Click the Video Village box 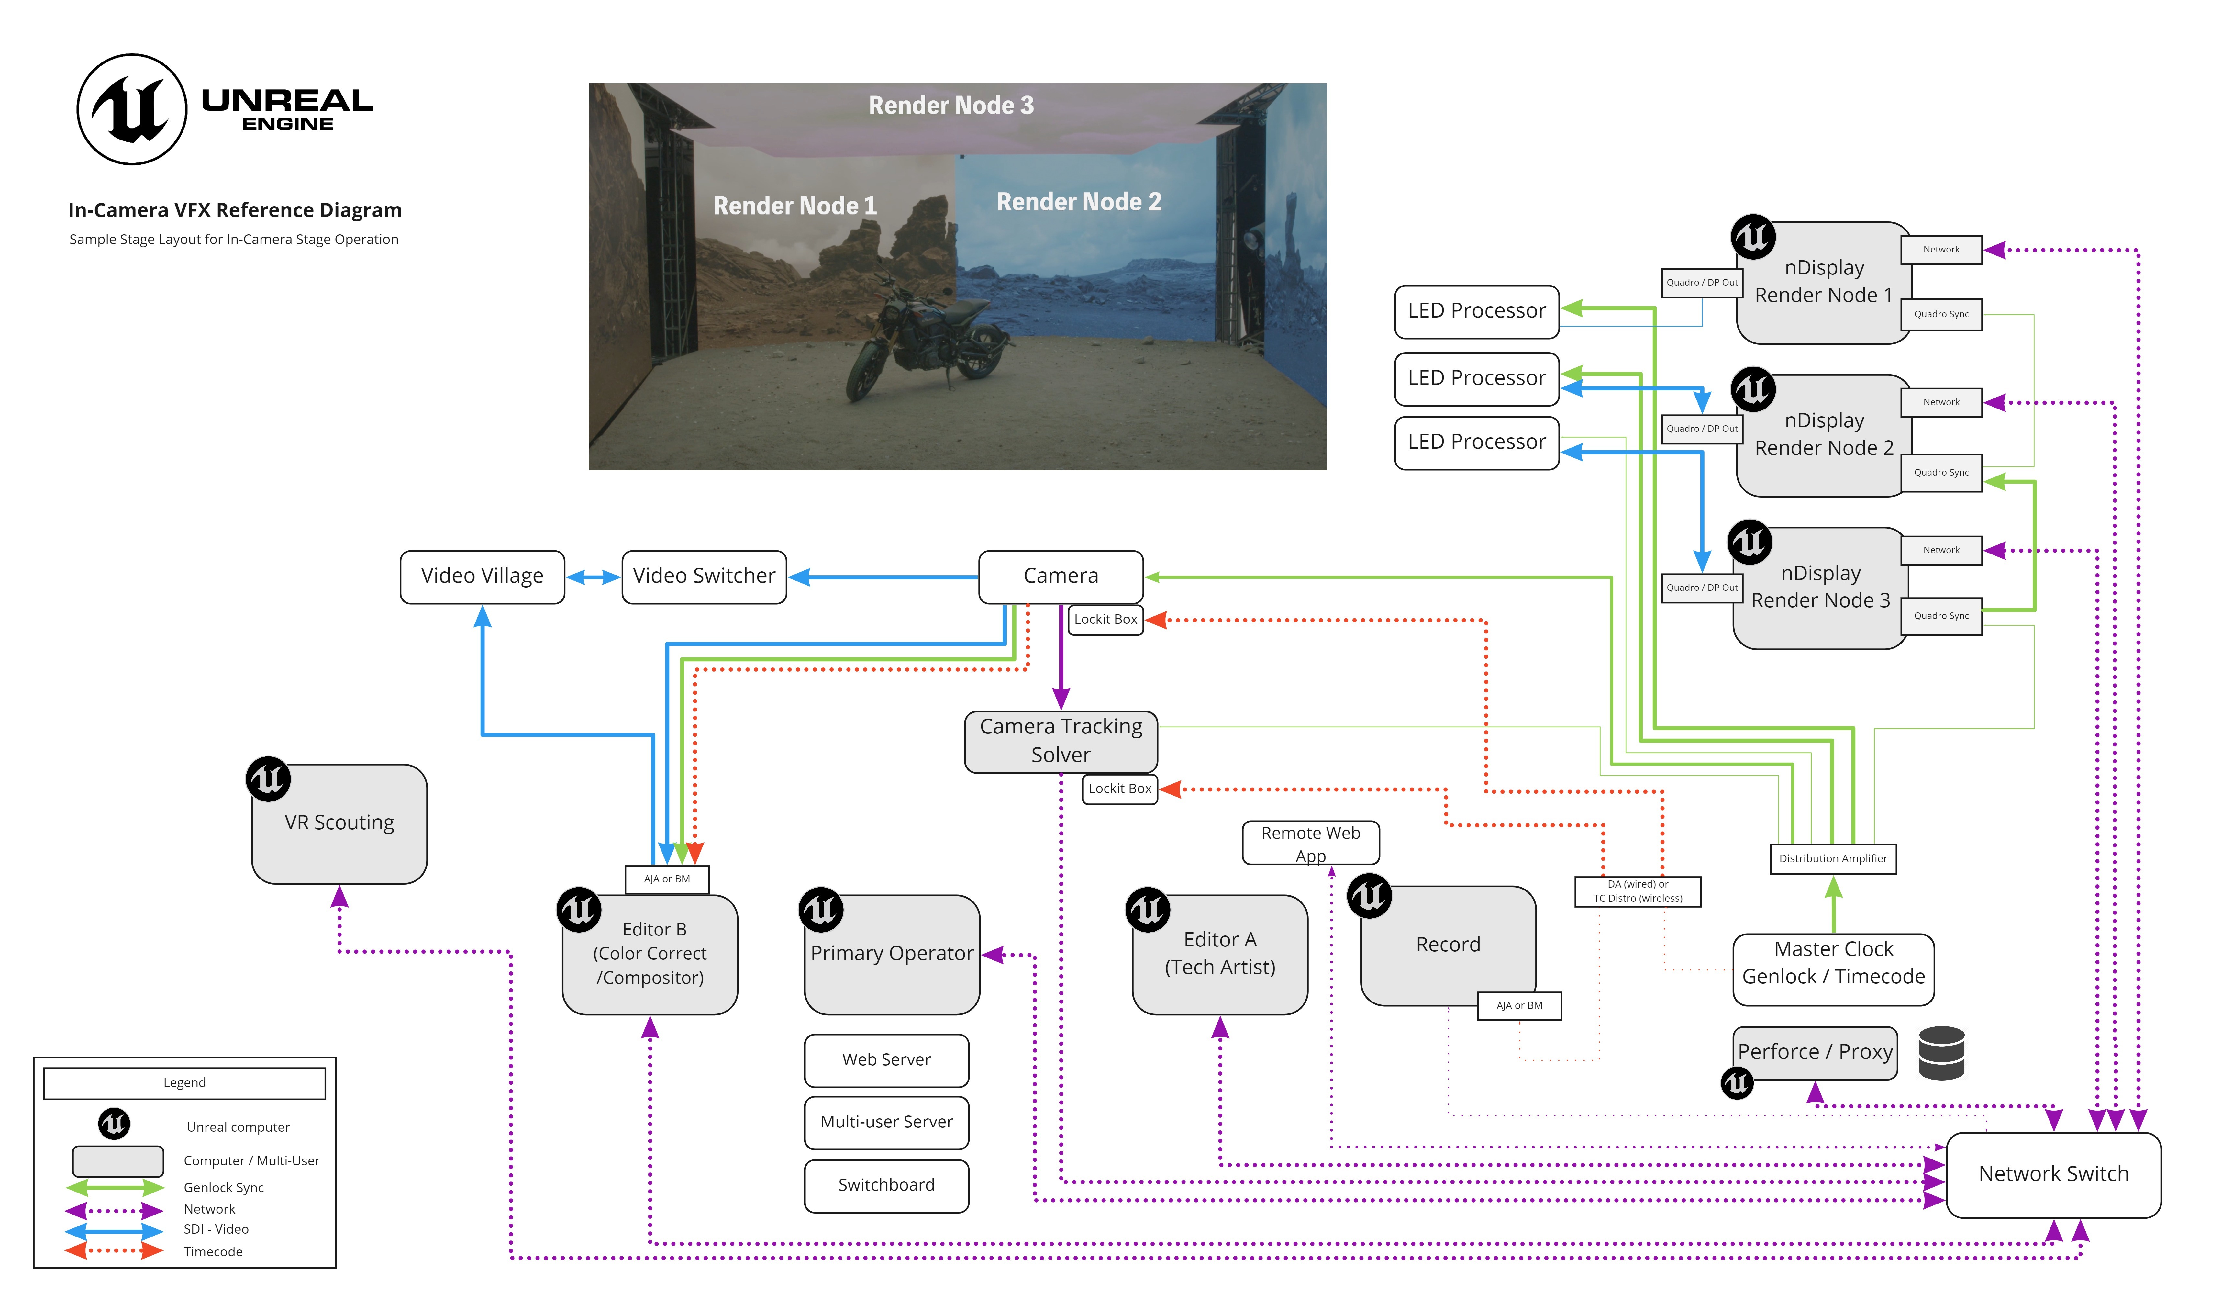pyautogui.click(x=482, y=577)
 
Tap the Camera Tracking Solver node pyautogui.click(x=1061, y=742)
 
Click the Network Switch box pyautogui.click(x=2054, y=1175)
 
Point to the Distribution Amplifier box pyautogui.click(x=1833, y=859)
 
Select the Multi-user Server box pyautogui.click(x=886, y=1123)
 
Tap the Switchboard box pyautogui.click(x=886, y=1185)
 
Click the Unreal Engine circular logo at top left pyautogui.click(x=132, y=109)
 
